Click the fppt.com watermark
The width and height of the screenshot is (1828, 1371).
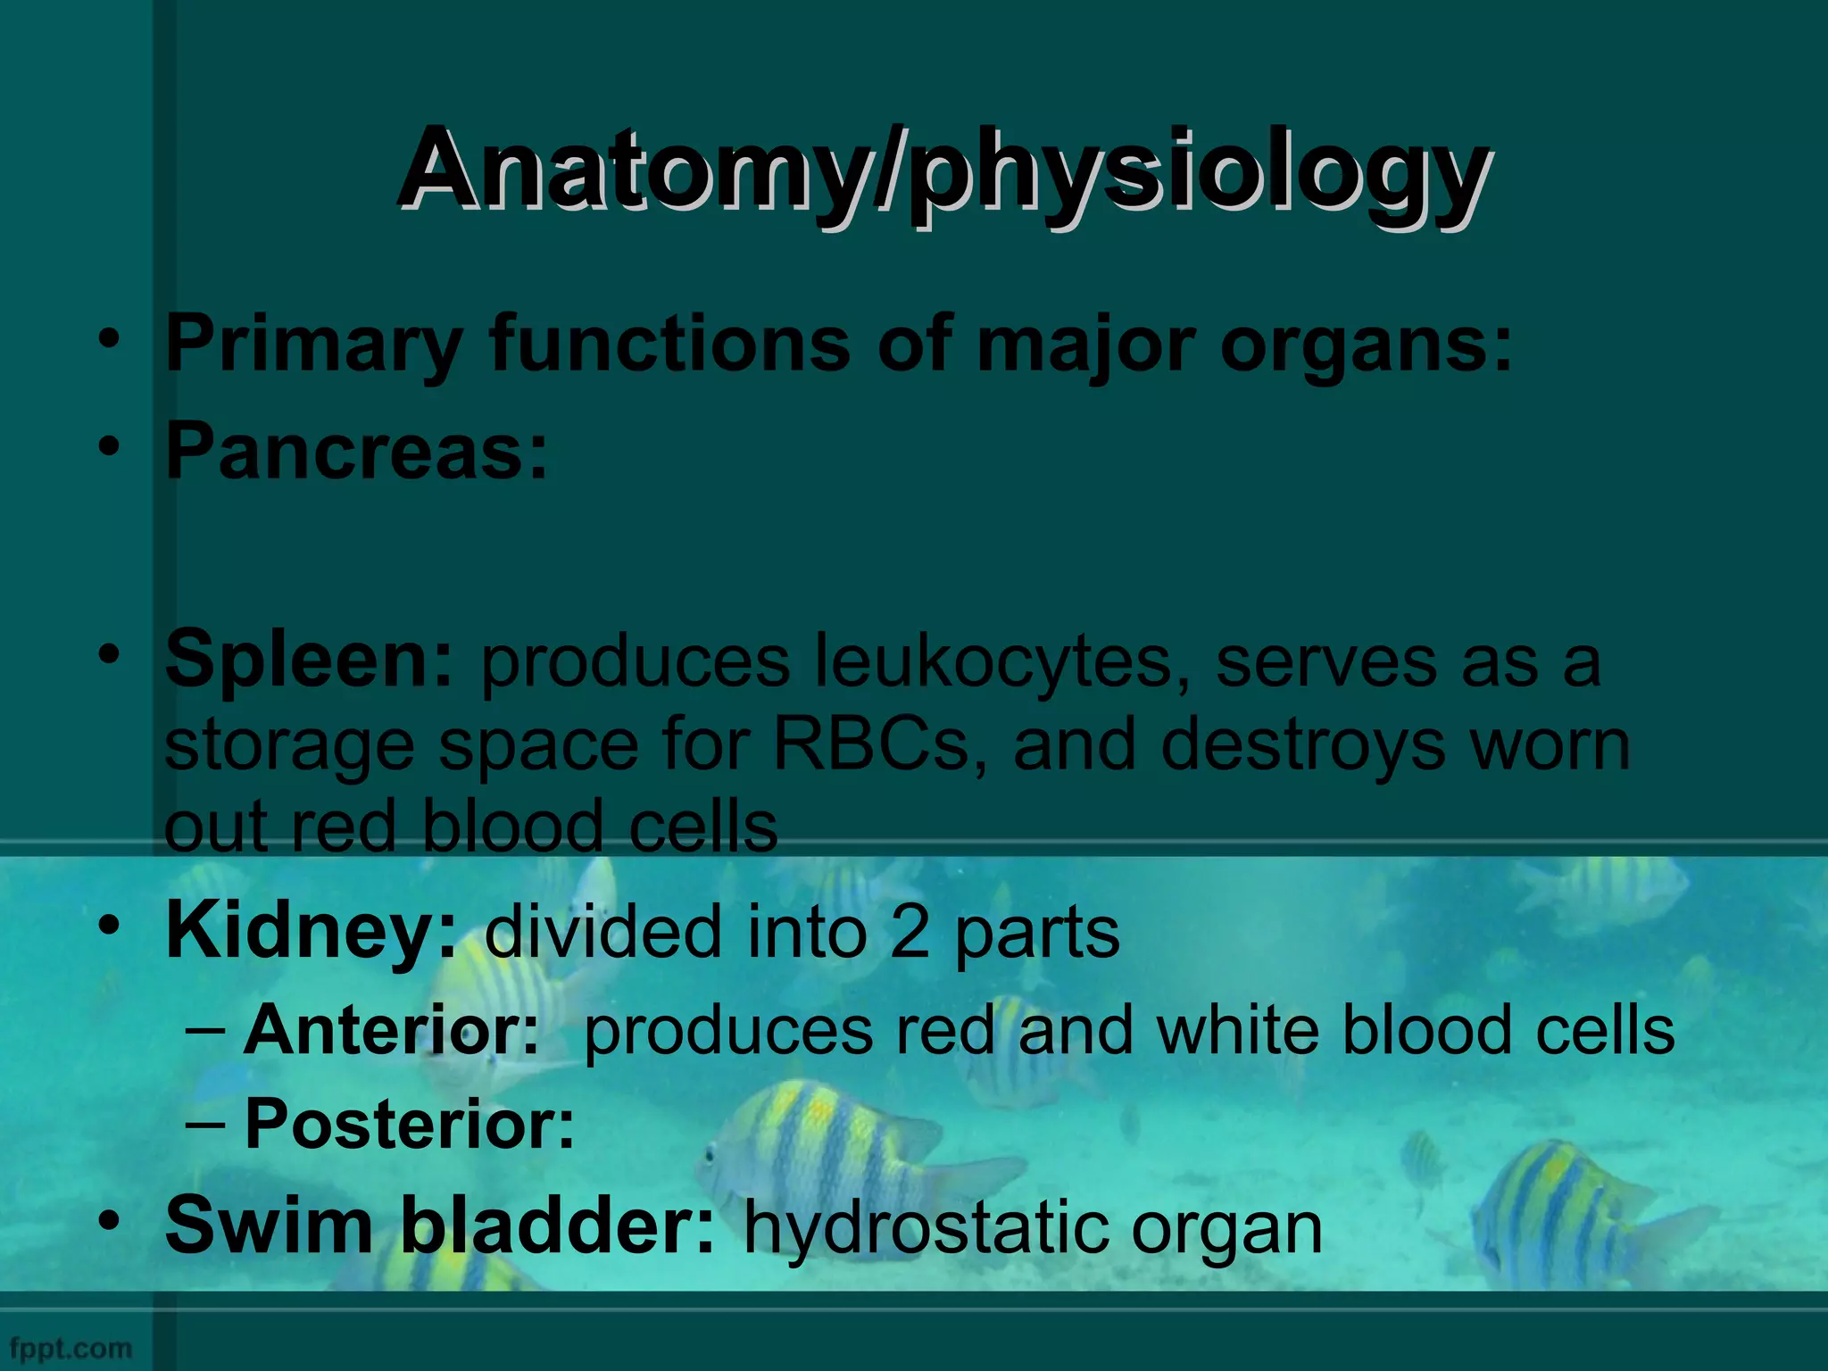71,1348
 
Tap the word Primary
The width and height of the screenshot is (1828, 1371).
313,345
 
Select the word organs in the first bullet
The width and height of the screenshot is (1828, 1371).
1365,345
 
